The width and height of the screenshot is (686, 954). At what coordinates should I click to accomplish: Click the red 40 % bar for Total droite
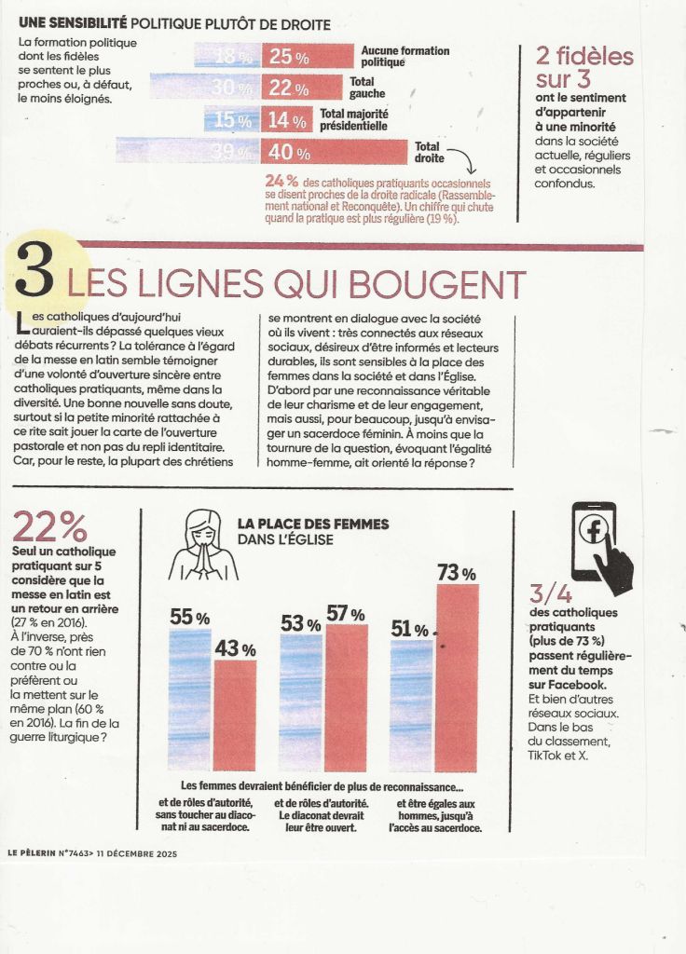coord(334,151)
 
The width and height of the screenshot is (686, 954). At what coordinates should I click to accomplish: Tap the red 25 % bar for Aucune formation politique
coord(308,57)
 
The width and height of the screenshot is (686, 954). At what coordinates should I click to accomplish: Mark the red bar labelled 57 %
coord(346,697)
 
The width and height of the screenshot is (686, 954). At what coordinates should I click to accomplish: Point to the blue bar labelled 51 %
coord(411,705)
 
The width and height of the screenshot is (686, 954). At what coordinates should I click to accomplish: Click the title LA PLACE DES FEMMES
coord(313,525)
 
